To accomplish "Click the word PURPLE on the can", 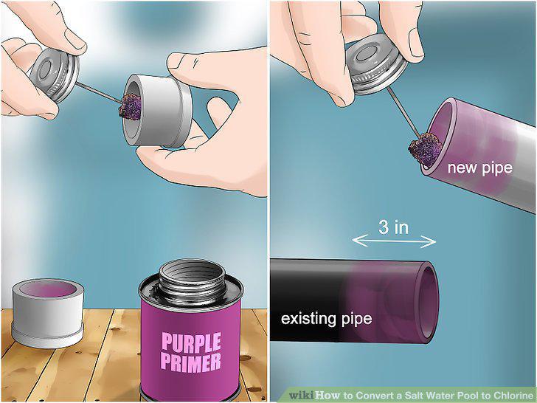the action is [x=191, y=342].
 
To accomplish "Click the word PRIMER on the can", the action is [x=191, y=363].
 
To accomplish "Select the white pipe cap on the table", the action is [x=48, y=313].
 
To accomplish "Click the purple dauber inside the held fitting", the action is [x=130, y=107].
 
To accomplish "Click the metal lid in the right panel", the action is [x=376, y=63].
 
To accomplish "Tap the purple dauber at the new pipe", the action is [x=425, y=149].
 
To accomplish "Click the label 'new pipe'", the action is [x=479, y=168].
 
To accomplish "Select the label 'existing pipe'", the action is [x=326, y=319].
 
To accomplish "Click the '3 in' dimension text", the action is [x=393, y=227].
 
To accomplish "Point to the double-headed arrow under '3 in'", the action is [x=394, y=241].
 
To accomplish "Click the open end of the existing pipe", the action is [x=427, y=303].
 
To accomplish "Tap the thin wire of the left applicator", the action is [x=99, y=92].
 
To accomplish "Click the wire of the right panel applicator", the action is [x=403, y=112].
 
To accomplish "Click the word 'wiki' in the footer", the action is [x=302, y=395].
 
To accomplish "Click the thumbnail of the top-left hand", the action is [x=75, y=38].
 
